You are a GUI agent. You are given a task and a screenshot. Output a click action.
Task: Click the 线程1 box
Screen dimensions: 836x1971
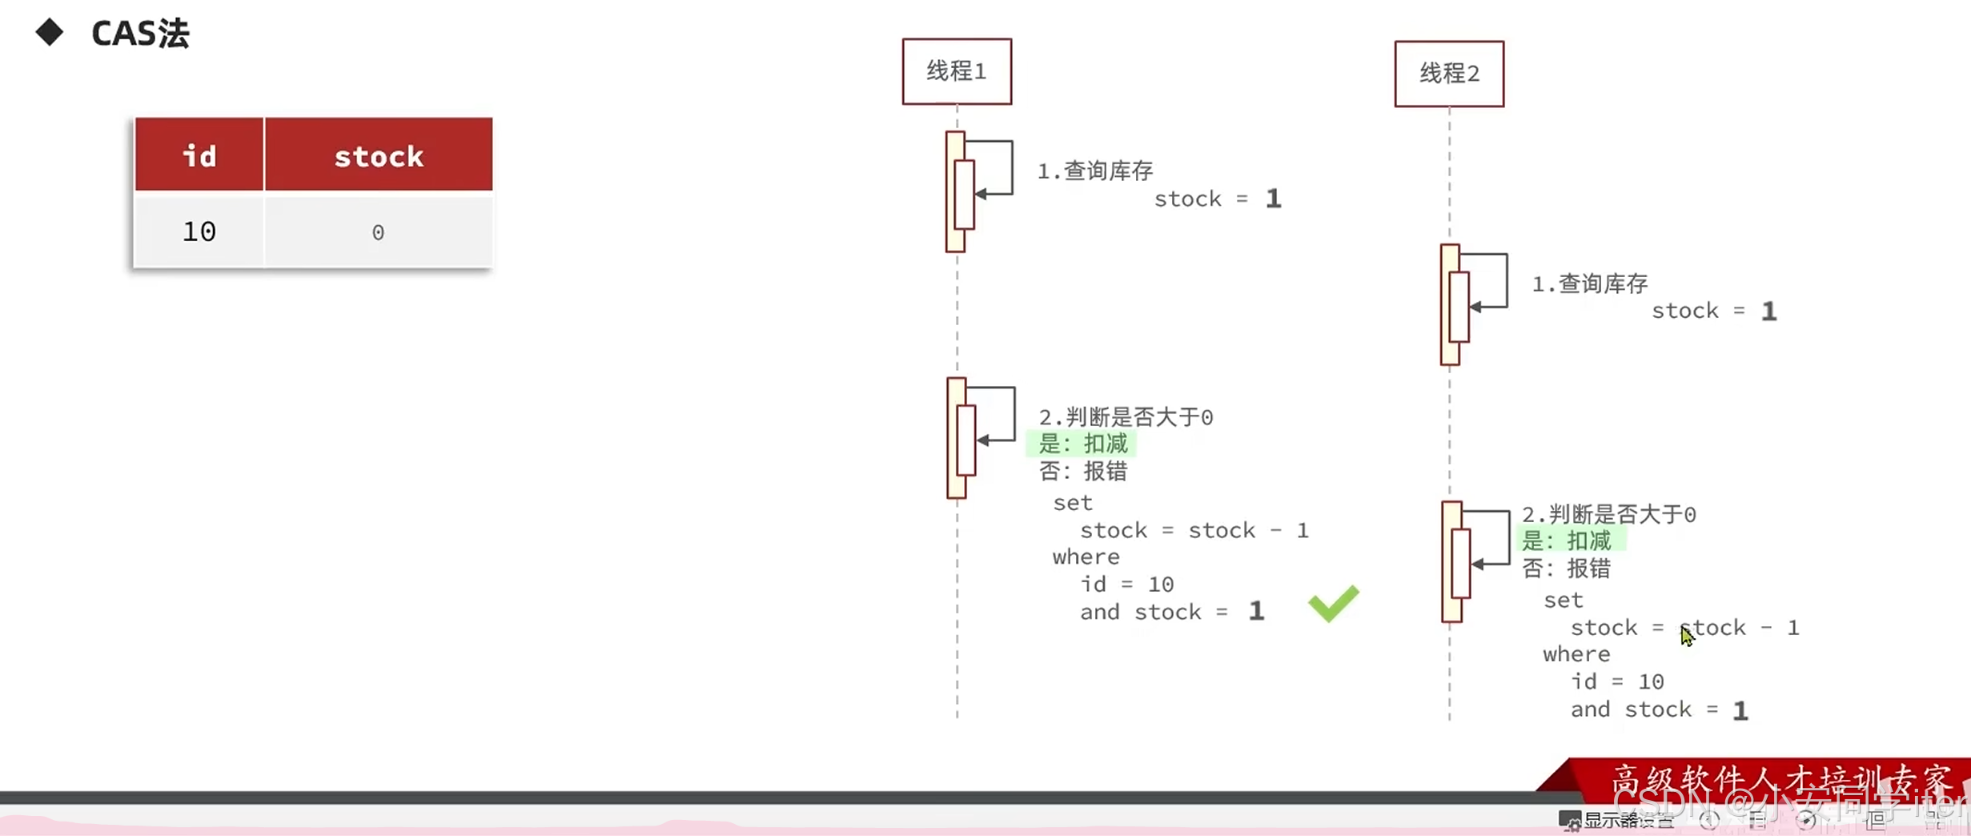957,71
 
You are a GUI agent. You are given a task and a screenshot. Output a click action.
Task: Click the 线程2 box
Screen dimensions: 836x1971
1449,74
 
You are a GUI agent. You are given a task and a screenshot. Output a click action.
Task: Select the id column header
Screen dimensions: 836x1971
199,155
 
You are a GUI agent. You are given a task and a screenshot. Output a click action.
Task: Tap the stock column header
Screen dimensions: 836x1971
379,155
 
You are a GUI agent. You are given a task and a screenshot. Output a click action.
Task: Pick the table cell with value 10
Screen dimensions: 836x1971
199,231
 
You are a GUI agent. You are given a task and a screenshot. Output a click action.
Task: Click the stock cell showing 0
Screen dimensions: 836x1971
378,232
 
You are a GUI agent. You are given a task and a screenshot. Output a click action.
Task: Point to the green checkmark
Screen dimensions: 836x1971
1333,603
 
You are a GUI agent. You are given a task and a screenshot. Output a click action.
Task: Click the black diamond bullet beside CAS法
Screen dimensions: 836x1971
50,32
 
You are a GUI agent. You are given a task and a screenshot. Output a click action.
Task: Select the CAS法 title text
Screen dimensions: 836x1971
140,34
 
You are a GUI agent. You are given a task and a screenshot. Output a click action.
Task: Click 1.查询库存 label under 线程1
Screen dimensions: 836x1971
1094,171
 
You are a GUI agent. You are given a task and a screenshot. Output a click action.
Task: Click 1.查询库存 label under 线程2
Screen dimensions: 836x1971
1589,283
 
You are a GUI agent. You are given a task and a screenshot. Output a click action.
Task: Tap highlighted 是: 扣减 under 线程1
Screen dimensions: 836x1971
1082,444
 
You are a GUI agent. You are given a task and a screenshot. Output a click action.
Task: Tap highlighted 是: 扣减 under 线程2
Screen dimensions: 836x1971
1566,541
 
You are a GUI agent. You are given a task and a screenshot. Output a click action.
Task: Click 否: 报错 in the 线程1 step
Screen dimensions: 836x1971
1082,472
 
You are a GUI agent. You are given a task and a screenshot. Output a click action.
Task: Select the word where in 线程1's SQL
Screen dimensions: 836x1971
1086,557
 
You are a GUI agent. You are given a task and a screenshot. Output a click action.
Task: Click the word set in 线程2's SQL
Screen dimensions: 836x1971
1563,601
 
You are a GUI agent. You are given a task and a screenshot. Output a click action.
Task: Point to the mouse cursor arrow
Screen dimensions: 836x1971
1686,636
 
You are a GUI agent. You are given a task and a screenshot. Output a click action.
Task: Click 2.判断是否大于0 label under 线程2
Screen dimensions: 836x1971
1608,514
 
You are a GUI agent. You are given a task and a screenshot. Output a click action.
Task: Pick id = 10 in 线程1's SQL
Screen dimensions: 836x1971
1126,585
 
